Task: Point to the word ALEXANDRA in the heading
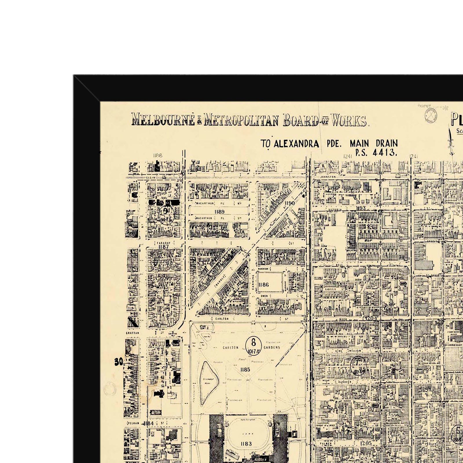point(296,144)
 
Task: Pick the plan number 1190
point(289,203)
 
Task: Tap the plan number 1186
point(263,285)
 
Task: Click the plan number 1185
point(245,370)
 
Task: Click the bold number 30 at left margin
point(119,362)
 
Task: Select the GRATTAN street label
point(133,333)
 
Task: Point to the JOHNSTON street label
point(328,177)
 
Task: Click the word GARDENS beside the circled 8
point(271,347)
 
